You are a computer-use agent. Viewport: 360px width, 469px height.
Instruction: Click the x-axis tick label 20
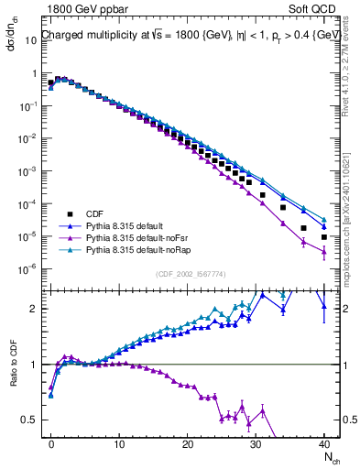click(x=188, y=442)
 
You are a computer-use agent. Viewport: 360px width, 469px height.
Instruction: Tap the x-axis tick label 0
click(x=51, y=442)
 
